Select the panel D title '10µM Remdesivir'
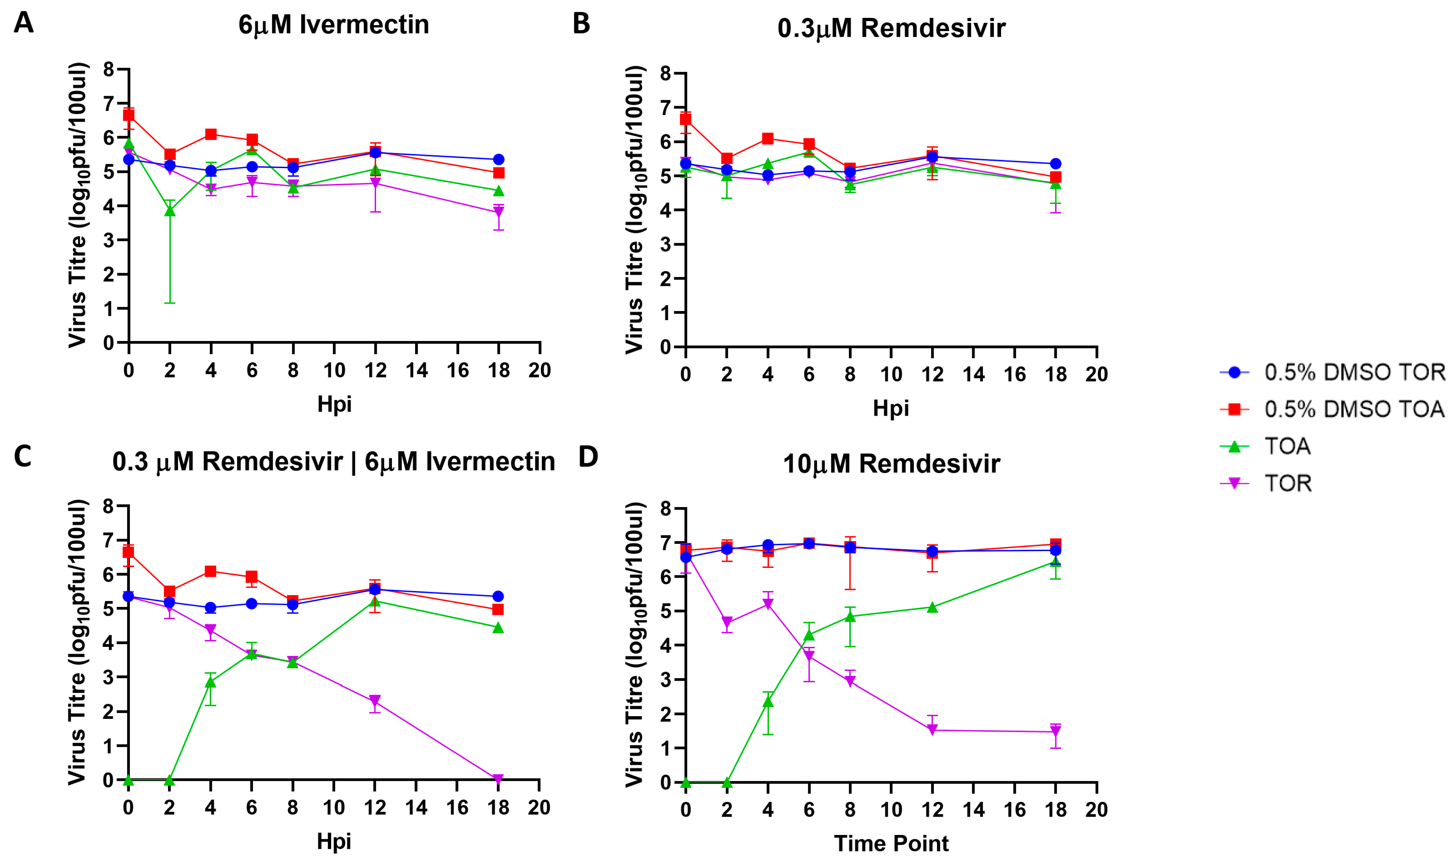891,464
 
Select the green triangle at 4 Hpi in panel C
210,682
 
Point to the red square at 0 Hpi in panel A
128,115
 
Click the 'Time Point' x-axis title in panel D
891,843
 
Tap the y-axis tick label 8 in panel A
109,70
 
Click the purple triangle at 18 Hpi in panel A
498,211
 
